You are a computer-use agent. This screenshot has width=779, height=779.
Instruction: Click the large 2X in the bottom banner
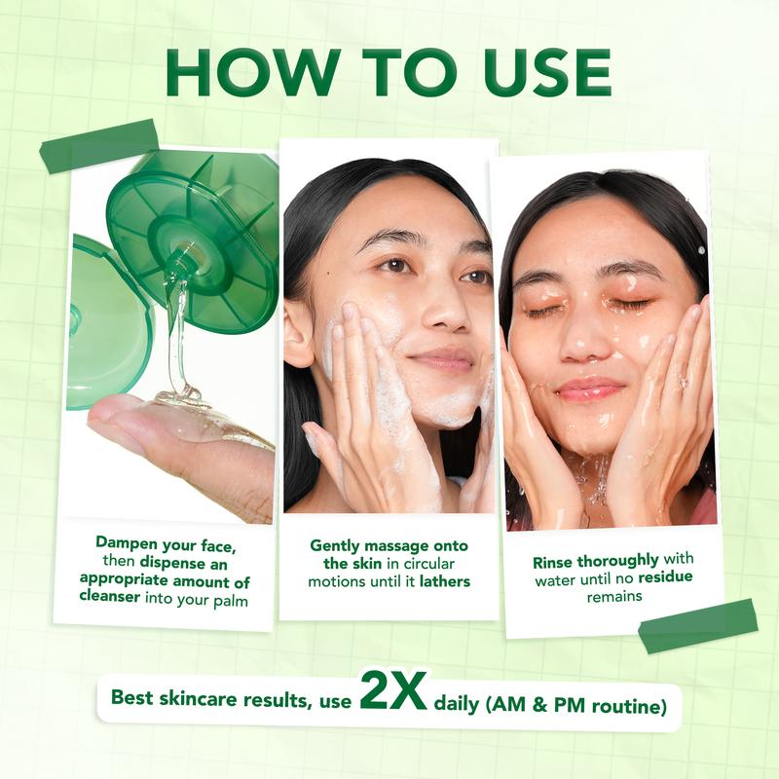pyautogui.click(x=393, y=690)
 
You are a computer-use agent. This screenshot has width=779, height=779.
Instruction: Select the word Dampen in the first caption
pyautogui.click(x=127, y=543)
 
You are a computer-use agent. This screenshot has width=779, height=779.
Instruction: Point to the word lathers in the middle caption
pyautogui.click(x=445, y=580)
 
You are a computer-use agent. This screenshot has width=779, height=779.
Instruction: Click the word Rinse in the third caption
pyautogui.click(x=552, y=563)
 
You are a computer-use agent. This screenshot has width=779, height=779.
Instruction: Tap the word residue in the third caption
pyautogui.click(x=665, y=576)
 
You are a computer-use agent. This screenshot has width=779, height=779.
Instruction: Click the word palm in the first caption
pyautogui.click(x=231, y=601)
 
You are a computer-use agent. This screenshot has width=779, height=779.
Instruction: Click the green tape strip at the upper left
pyautogui.click(x=99, y=145)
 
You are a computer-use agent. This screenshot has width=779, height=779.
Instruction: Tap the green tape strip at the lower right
pyautogui.click(x=697, y=625)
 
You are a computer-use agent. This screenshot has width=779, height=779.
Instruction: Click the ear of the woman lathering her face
pyautogui.click(x=298, y=329)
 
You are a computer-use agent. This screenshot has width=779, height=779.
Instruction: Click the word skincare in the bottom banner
pyautogui.click(x=199, y=698)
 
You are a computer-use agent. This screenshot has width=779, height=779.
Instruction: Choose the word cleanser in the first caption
pyautogui.click(x=110, y=596)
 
